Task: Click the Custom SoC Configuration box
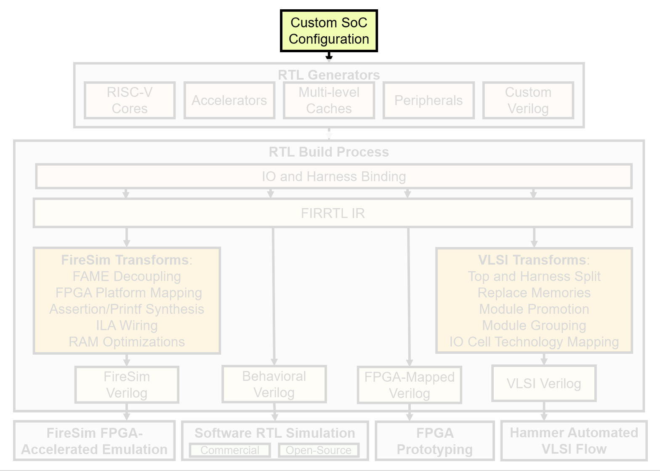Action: pos(329,31)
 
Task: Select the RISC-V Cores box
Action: pos(130,100)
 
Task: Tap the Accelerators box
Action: pos(229,100)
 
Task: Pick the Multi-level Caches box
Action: pos(329,100)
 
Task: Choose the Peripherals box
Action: pos(428,100)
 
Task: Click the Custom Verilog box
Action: pos(528,100)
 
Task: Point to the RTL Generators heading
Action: pos(329,75)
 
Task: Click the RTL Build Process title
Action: pos(329,152)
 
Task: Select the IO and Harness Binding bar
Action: pos(334,176)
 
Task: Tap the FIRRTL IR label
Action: pos(333,213)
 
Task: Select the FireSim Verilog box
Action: pos(127,385)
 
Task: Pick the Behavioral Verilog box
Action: pos(274,384)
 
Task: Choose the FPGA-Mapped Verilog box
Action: pos(410,385)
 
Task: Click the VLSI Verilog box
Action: pos(544,383)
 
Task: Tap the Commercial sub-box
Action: pos(230,450)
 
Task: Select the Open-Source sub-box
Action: pos(319,450)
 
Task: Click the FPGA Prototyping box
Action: pos(434,441)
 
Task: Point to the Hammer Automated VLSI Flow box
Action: pos(574,441)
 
